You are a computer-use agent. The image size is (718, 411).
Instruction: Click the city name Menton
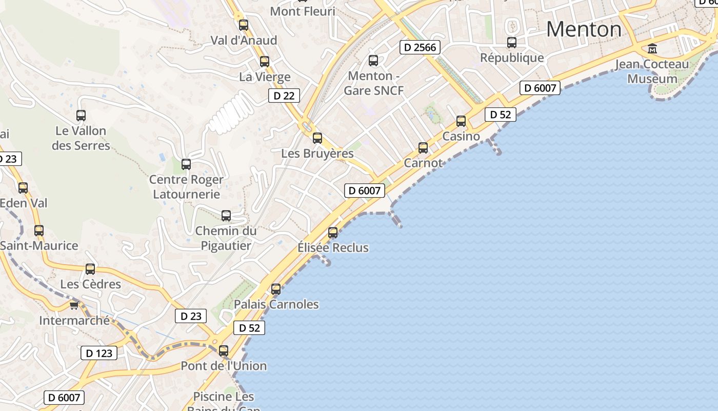click(584, 29)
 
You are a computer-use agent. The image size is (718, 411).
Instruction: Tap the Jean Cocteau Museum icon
click(652, 49)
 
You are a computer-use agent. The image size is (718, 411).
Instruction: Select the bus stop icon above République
click(511, 43)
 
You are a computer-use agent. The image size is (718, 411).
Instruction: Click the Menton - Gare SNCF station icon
click(373, 61)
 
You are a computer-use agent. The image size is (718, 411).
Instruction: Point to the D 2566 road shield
click(420, 48)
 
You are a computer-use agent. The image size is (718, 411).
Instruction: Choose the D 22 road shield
click(284, 96)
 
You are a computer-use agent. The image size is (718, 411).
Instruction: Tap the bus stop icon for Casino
click(461, 121)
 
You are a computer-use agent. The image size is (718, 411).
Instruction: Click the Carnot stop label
click(423, 163)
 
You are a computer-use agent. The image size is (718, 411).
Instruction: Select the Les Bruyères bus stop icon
click(317, 138)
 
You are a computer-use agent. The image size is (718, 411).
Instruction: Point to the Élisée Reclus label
click(333, 248)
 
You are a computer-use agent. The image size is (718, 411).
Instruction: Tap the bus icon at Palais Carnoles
click(276, 289)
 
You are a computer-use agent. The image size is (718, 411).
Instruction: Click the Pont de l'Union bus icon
click(224, 351)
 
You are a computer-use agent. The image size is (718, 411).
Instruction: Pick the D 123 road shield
click(99, 353)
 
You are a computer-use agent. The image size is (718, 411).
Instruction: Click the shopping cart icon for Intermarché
click(74, 306)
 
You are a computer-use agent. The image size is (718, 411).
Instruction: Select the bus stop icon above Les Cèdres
click(90, 269)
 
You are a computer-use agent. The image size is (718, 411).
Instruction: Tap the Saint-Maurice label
click(39, 246)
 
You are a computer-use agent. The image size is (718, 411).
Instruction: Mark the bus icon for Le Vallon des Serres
click(81, 116)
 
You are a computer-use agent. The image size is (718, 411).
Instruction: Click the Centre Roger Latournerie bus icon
click(186, 164)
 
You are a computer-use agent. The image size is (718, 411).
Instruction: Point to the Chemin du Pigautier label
click(226, 238)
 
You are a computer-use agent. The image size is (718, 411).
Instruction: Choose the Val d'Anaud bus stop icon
click(244, 25)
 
